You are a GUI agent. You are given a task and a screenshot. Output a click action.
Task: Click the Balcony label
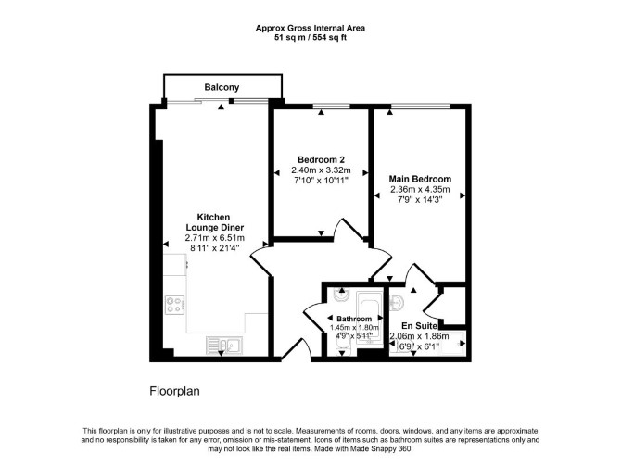[222, 87]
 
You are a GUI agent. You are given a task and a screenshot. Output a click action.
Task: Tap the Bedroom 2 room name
[322, 160]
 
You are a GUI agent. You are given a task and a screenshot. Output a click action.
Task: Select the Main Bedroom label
[420, 179]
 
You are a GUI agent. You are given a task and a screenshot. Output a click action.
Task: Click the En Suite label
[420, 326]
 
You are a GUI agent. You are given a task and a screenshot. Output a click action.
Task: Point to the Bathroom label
[354, 319]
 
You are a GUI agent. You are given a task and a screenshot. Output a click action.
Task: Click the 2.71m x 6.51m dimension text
[215, 238]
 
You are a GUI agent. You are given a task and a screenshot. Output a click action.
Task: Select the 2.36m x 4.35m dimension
[420, 189]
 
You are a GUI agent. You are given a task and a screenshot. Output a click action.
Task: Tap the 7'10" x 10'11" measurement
[322, 181]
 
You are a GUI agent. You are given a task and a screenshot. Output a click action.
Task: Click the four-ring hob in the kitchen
[174, 305]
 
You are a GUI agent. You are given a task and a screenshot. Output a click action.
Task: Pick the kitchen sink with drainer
[224, 346]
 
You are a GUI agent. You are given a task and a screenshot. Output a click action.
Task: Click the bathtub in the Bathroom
[370, 319]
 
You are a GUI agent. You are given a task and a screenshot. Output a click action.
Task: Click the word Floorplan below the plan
[174, 391]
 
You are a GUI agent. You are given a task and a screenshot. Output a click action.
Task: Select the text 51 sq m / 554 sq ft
[310, 38]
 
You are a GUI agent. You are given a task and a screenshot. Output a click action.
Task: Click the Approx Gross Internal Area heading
[310, 28]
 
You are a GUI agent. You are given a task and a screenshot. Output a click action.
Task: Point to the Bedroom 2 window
[332, 106]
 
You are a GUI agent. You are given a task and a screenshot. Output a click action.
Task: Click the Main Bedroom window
[421, 106]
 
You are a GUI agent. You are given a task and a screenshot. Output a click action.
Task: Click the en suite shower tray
[452, 341]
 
